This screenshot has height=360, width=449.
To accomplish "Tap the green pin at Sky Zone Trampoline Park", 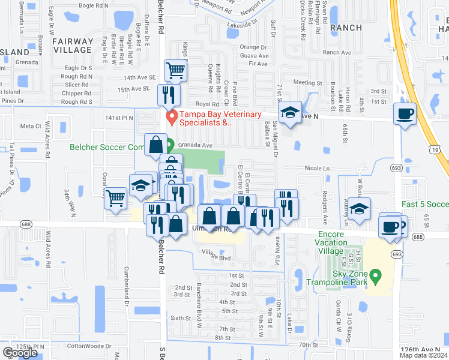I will [376, 277].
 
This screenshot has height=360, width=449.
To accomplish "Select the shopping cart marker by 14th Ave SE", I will [175, 71].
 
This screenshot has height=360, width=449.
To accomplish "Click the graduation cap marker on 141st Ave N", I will [291, 113].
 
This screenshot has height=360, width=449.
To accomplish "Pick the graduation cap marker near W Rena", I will [360, 209].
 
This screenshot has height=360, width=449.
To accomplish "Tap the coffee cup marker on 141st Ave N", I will [405, 113].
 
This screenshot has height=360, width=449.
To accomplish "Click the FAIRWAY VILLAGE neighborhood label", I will [73, 46].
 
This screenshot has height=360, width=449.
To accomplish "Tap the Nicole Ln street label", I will [318, 169].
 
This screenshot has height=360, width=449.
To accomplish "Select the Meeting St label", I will [308, 83].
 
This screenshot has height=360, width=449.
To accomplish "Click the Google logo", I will [20, 353].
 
